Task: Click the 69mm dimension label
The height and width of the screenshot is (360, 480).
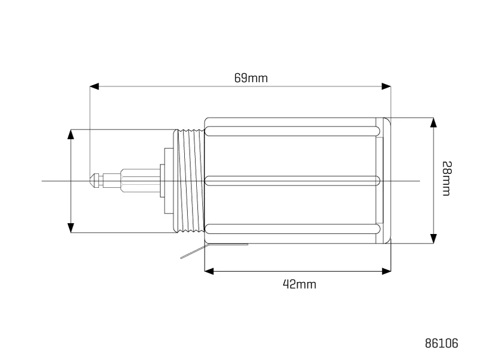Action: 251,78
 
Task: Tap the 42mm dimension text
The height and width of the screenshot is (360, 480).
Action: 299,284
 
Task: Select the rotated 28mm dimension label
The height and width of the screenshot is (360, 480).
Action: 446,178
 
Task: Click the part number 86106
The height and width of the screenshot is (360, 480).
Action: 442,343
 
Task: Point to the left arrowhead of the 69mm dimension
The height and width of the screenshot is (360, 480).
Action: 94,86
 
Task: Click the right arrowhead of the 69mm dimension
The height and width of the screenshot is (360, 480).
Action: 386,86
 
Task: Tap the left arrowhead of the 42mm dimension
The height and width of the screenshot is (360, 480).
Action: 209,271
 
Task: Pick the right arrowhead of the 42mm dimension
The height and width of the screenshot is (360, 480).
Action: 386,271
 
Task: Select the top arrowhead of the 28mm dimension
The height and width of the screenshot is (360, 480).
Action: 433,122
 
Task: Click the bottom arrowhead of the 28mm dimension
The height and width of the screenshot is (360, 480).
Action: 433,238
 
